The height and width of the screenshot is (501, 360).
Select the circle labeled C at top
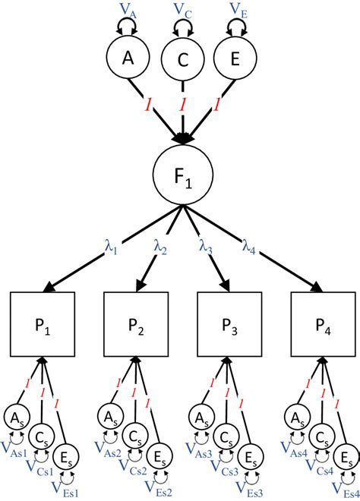tap(182, 62)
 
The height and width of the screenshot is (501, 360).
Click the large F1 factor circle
tap(182, 179)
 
